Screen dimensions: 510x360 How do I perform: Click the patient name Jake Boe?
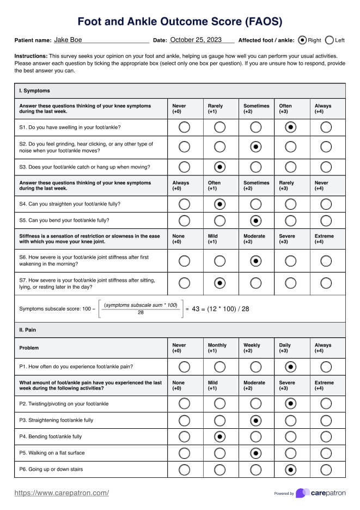click(68, 40)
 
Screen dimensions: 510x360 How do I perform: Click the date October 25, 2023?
click(196, 40)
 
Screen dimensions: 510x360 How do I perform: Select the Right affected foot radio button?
click(303, 40)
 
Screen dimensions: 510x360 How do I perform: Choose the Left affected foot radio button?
click(329, 40)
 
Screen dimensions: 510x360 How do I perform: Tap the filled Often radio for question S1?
click(291, 127)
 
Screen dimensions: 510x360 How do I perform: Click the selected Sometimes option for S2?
click(255, 147)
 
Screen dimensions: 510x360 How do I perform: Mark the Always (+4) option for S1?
click(326, 127)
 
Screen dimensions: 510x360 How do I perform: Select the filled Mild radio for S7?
click(219, 283)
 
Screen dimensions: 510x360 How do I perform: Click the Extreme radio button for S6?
click(326, 262)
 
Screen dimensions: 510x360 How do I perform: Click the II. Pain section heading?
click(28, 330)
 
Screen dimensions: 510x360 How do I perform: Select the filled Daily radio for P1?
click(291, 367)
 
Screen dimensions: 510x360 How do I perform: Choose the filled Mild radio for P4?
click(219, 436)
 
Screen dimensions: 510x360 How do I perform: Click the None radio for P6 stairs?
click(184, 469)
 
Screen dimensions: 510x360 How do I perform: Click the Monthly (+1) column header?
click(217, 348)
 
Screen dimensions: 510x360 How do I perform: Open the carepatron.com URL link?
click(62, 493)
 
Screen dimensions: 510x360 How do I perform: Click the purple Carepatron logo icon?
click(302, 493)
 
